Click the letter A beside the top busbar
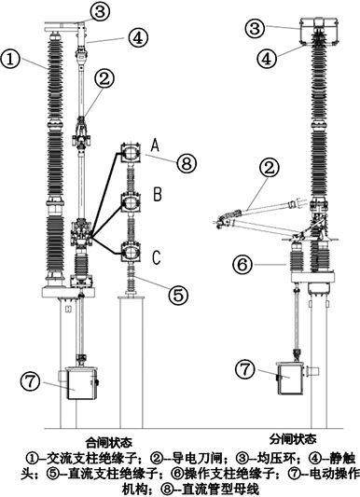[x=155, y=145]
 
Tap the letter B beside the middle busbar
[x=158, y=194]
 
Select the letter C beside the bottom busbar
[x=157, y=257]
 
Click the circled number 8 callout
[x=187, y=163]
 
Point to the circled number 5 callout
[x=178, y=295]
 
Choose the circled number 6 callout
[x=242, y=264]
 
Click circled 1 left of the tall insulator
[x=11, y=61]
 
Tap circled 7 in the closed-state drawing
[x=31, y=381]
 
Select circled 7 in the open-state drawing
[x=245, y=369]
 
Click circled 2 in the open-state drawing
[x=269, y=169]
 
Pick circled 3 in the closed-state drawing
[x=99, y=12]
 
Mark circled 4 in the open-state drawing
[x=268, y=60]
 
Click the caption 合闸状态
[x=109, y=442]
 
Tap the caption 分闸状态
[x=293, y=439]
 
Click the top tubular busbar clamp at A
[x=131, y=154]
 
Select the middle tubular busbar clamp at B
[x=131, y=203]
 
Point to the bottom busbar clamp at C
[x=131, y=253]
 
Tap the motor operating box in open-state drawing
[x=290, y=378]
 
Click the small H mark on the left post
[x=67, y=309]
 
